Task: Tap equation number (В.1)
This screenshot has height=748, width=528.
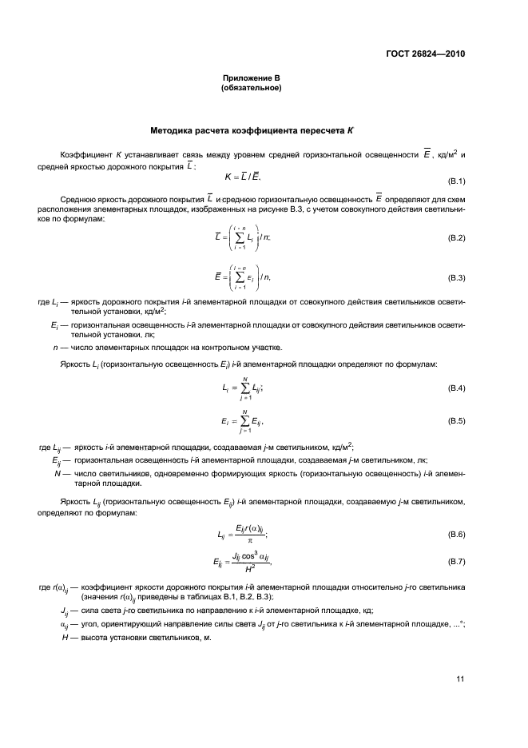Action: (456, 181)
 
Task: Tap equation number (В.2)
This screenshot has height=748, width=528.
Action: (456, 238)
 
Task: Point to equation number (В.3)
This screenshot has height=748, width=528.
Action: (456, 277)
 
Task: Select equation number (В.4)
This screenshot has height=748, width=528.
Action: (456, 388)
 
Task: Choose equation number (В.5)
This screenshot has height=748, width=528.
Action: (456, 420)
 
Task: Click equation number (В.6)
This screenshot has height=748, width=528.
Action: (456, 533)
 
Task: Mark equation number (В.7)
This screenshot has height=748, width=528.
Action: (456, 563)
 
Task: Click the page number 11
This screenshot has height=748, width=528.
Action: (460, 679)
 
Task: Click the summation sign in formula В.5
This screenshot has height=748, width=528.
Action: (239, 420)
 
